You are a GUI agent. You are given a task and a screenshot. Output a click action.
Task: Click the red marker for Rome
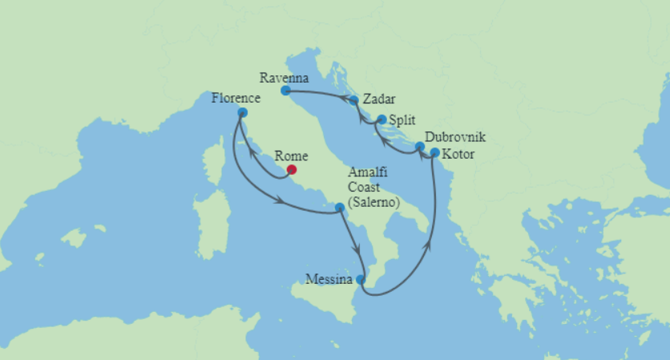[x=292, y=169]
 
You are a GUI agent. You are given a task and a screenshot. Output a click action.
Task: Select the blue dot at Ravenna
[x=285, y=91]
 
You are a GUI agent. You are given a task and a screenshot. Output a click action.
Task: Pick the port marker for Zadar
[x=354, y=101]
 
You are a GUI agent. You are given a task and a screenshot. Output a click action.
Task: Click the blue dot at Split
[x=381, y=120]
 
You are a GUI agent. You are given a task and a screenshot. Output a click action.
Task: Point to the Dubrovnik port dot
[x=419, y=147]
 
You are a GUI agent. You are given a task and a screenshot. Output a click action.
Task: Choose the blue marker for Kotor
[x=434, y=152]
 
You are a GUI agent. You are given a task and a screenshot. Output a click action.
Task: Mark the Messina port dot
[x=361, y=280]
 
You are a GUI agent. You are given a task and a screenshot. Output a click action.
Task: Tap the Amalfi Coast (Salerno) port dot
[x=340, y=208]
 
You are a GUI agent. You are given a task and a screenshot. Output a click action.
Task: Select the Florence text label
[x=236, y=99]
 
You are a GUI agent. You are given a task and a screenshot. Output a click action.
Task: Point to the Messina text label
[x=329, y=280]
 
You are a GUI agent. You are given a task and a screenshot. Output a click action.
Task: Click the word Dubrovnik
[x=455, y=138]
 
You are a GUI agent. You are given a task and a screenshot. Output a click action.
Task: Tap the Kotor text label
[x=458, y=153]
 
